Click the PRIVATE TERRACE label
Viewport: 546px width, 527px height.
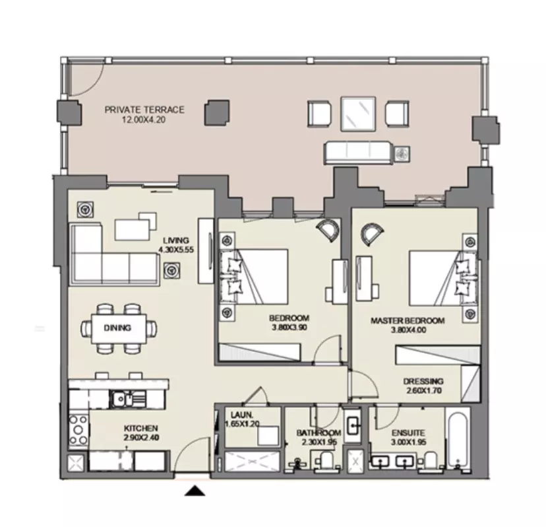tap(144, 110)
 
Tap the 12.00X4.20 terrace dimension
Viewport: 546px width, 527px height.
tap(144, 120)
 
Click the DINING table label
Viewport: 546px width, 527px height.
tap(117, 328)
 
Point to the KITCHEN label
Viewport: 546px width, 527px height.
tap(141, 428)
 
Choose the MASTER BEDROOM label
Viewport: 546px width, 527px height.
tap(408, 320)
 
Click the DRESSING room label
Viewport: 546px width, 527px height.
tap(423, 381)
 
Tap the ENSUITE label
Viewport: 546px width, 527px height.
tap(408, 433)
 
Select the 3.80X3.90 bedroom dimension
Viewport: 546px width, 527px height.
tap(289, 328)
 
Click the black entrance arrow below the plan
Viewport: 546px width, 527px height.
tap(195, 491)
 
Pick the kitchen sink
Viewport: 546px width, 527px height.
tap(127, 398)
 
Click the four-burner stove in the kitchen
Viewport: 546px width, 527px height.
tap(78, 431)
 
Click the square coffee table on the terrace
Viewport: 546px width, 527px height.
tap(358, 114)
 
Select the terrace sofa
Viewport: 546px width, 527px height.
tap(358, 153)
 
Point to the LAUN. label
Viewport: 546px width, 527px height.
tap(241, 415)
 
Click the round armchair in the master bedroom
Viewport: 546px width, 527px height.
tap(371, 234)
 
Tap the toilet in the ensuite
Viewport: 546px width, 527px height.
tap(430, 460)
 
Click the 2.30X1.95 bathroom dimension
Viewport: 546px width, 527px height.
tap(319, 442)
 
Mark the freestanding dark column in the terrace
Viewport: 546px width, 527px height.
tap(216, 112)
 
